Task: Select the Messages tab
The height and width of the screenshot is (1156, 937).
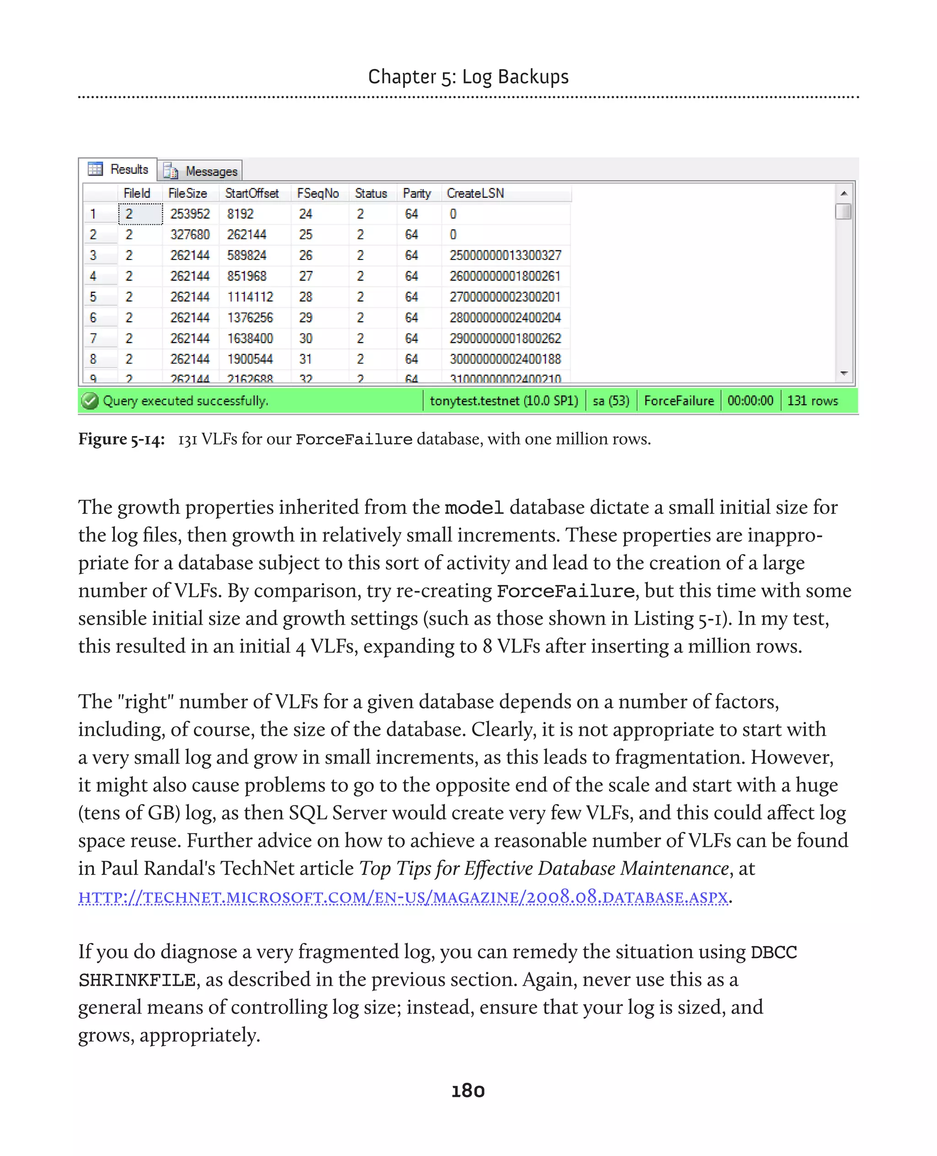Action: [x=201, y=171]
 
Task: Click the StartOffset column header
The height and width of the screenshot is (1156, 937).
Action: [x=252, y=193]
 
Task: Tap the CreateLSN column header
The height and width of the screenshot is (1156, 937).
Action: [x=475, y=193]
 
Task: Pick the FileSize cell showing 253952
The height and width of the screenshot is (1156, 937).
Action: [x=190, y=214]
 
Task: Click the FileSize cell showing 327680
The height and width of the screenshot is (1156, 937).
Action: [x=190, y=234]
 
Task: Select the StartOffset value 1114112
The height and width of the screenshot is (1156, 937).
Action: [x=250, y=297]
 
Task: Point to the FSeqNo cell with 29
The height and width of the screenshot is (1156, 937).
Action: [x=306, y=318]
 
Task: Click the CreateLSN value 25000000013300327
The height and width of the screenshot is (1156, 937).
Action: [x=505, y=255]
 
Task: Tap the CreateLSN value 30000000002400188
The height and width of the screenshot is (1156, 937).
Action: [x=505, y=359]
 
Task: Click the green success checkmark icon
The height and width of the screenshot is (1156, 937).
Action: [x=90, y=400]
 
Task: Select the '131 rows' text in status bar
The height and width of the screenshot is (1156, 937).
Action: [x=812, y=400]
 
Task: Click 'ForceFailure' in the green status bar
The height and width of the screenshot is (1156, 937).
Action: [x=679, y=400]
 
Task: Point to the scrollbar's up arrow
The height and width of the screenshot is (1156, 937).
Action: [x=844, y=193]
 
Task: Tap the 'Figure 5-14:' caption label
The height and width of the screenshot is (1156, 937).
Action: [x=121, y=439]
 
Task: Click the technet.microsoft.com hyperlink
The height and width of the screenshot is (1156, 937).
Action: [x=403, y=897]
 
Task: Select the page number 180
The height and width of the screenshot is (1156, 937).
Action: [x=468, y=1091]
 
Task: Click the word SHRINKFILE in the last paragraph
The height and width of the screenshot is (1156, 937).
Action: [x=137, y=980]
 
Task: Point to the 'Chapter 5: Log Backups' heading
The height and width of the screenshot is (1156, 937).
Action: [x=468, y=77]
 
